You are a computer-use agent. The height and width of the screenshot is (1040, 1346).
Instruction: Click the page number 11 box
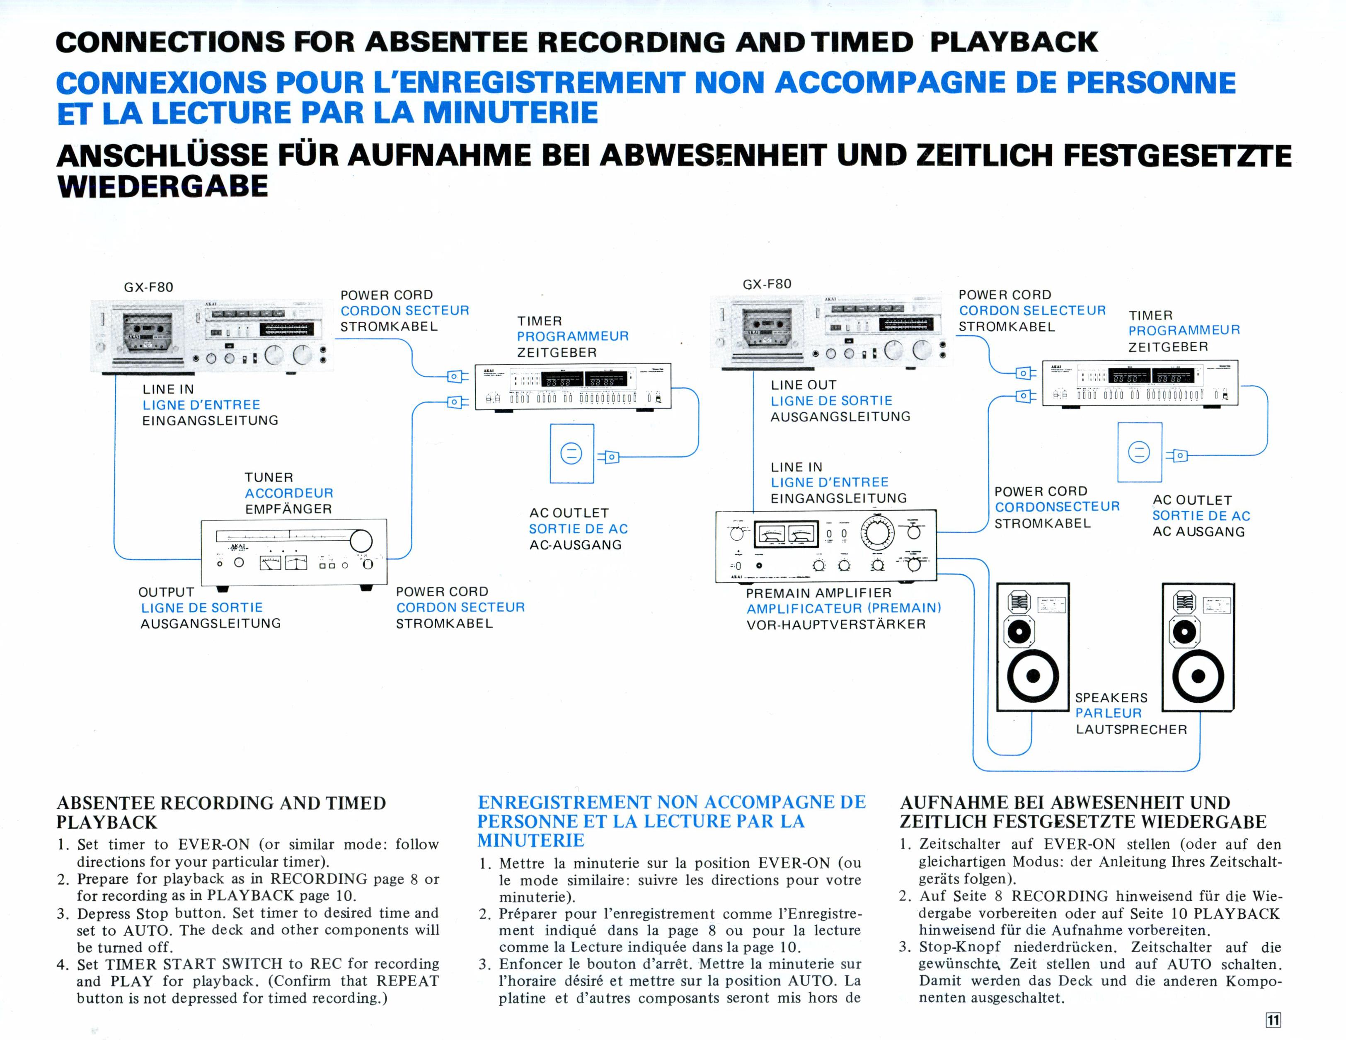[1273, 1020]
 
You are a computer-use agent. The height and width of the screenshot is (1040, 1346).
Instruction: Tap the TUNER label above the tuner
[269, 477]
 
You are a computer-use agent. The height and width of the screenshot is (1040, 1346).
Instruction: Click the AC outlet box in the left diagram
[571, 453]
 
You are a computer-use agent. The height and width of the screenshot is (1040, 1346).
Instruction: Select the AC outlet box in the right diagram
[1139, 452]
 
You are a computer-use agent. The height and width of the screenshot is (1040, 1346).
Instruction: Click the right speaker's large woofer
[1198, 677]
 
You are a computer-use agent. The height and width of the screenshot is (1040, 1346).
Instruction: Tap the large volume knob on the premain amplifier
[877, 532]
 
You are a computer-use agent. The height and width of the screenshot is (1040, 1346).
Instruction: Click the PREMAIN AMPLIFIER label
[818, 593]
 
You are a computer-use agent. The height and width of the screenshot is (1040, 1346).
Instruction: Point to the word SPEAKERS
[1111, 697]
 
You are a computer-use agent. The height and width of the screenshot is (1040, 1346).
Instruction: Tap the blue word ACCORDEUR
[288, 493]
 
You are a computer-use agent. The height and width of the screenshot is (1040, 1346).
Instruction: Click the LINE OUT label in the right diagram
[803, 385]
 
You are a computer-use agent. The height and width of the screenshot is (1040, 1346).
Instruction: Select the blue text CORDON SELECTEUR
[1032, 310]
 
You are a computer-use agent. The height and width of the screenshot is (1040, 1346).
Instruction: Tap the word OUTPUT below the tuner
[166, 592]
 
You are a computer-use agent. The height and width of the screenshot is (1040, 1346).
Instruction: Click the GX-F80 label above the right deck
[767, 284]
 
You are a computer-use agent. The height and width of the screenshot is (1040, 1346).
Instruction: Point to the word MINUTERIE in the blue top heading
[510, 113]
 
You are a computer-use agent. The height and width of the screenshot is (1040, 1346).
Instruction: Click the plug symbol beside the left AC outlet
[609, 457]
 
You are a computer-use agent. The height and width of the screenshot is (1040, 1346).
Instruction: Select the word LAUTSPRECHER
[1131, 730]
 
